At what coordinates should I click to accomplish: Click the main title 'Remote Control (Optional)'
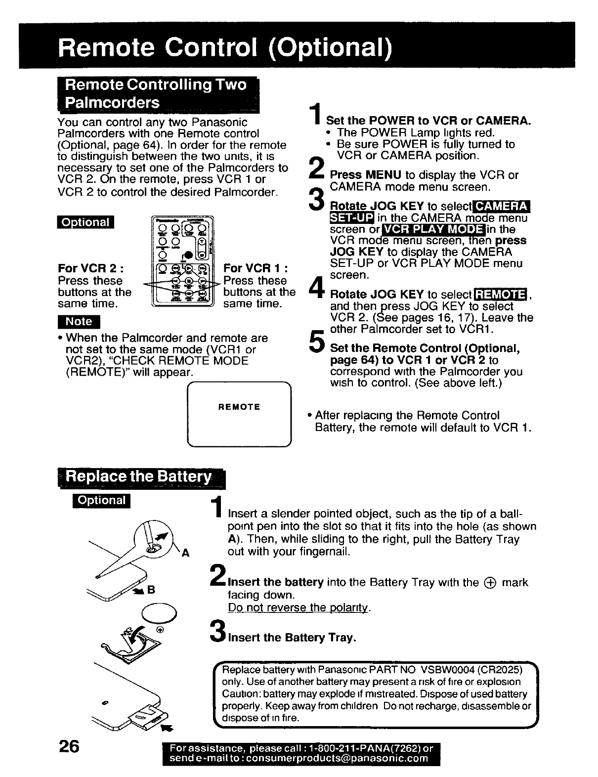click(225, 46)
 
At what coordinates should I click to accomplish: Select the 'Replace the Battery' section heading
click(140, 477)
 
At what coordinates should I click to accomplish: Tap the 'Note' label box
click(79, 321)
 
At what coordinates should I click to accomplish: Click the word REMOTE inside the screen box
click(239, 407)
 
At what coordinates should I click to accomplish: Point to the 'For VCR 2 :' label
click(90, 268)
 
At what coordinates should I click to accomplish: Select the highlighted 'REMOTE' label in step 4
click(500, 295)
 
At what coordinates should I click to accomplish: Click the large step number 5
click(315, 343)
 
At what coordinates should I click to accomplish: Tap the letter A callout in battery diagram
click(186, 554)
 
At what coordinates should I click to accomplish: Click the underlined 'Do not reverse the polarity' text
click(299, 607)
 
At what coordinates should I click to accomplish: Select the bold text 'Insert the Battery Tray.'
click(292, 638)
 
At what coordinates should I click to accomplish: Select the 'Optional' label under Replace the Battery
click(102, 500)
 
